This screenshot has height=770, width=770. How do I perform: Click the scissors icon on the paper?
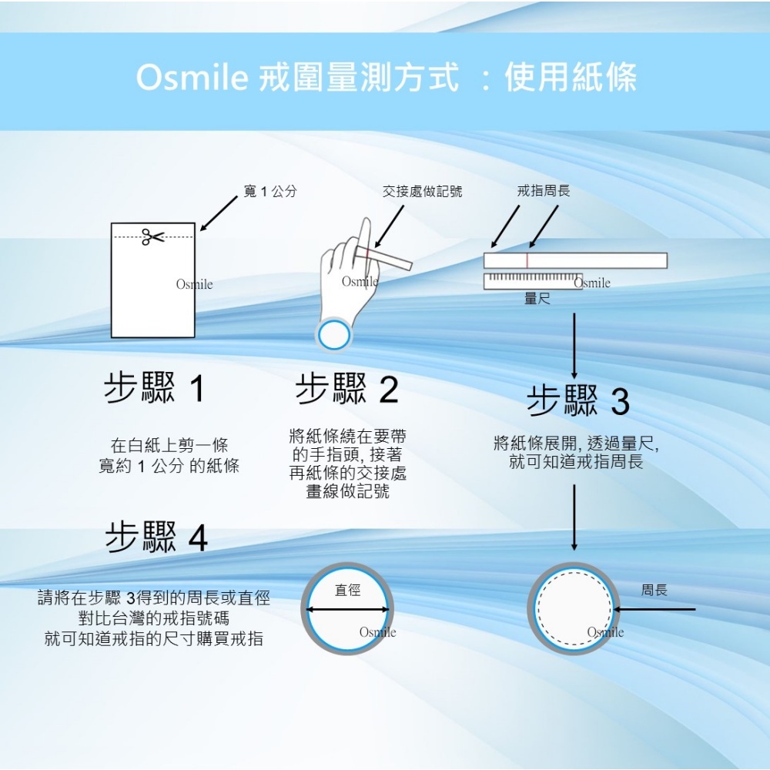tap(152, 237)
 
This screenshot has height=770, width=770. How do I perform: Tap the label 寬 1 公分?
tap(269, 191)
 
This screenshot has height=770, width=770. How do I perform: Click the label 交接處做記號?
tap(423, 191)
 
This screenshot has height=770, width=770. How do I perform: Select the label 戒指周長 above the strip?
tap(544, 190)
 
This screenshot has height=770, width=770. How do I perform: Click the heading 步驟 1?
tap(155, 389)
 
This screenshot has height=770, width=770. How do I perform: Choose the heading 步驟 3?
tap(578, 400)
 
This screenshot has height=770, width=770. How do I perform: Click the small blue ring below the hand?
tap(334, 335)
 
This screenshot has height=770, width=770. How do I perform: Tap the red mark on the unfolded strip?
tap(527, 260)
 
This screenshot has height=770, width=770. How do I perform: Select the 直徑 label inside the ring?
tap(348, 591)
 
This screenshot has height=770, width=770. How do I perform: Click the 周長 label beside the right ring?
tap(654, 591)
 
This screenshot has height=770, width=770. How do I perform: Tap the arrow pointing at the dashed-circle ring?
tap(654, 610)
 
